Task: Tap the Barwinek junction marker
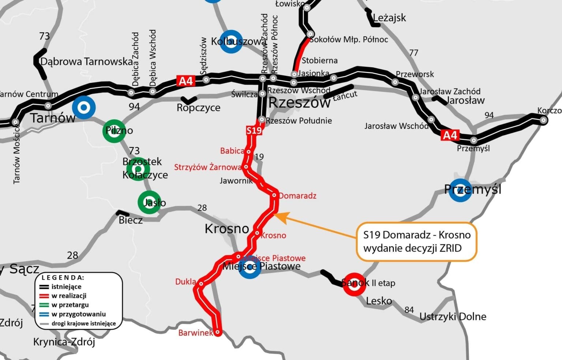(218, 333)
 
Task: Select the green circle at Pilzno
(114, 131)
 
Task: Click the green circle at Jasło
(149, 202)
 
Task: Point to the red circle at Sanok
(354, 284)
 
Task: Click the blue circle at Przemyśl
(460, 190)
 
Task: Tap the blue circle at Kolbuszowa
(231, 41)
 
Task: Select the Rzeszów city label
(299, 103)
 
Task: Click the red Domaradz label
(297, 196)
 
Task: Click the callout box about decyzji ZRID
(417, 241)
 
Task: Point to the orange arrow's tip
(275, 214)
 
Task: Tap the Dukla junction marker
(201, 283)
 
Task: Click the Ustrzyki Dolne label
(453, 316)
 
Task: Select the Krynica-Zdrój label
(64, 342)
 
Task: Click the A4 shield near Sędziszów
(186, 81)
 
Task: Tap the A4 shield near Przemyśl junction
(450, 135)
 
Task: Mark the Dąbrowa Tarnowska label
(86, 61)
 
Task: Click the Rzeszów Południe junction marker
(262, 119)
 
